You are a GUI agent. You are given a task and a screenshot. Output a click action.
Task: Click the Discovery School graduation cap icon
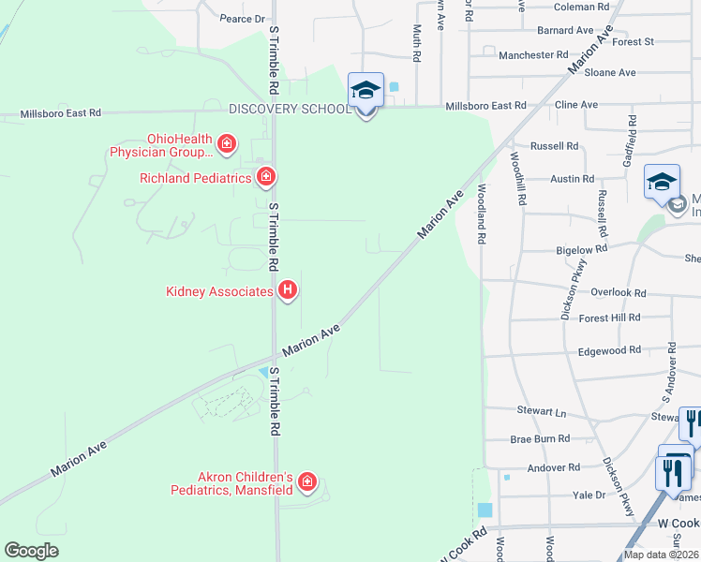point(365,91)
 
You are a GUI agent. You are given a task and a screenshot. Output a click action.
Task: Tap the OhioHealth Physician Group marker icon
point(226,143)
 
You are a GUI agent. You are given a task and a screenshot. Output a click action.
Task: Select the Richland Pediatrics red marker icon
point(266,176)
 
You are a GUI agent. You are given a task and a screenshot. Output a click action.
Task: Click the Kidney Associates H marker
point(289,291)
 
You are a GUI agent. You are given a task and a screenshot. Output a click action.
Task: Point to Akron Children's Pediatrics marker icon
point(306,482)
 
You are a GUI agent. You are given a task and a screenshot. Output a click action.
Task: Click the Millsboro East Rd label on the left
point(64,112)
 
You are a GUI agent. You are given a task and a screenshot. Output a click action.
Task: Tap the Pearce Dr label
point(243,19)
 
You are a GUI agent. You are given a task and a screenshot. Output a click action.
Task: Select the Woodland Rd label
point(481,214)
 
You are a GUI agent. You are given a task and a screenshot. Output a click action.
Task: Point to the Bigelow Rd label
point(582,249)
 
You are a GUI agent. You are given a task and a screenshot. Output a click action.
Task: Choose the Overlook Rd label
point(620,292)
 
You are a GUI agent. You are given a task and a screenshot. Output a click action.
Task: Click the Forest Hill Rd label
point(610,318)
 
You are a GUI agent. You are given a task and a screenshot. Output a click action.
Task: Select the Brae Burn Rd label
point(540,438)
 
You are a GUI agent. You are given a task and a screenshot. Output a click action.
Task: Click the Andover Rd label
point(554,467)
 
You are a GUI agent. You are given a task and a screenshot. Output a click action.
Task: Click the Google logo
point(32,551)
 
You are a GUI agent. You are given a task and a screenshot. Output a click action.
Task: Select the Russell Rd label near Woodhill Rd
point(554,146)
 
